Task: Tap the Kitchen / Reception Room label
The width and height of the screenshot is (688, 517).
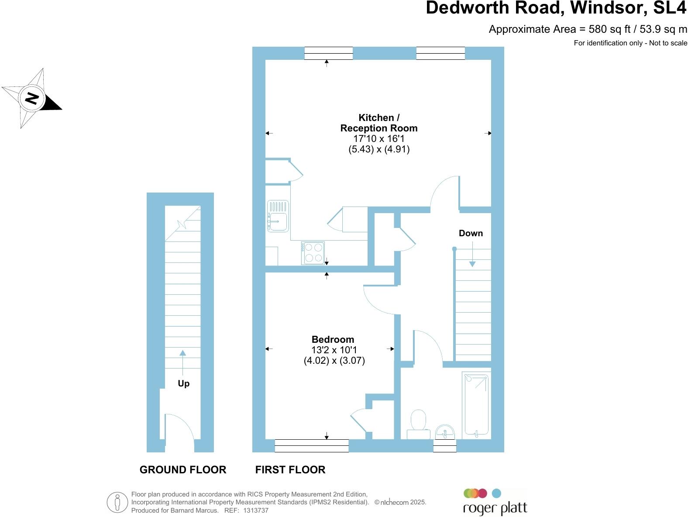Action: pyautogui.click(x=378, y=123)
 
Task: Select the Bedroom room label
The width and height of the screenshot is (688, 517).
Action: pyautogui.click(x=333, y=339)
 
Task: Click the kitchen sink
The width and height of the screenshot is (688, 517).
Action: pyautogui.click(x=278, y=216)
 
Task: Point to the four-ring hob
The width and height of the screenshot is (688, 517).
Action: pyautogui.click(x=313, y=253)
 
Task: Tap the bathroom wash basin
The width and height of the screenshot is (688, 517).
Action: pyautogui.click(x=445, y=432)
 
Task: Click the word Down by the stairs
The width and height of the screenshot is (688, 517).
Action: pyautogui.click(x=471, y=233)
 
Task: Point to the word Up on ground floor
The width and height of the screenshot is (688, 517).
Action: pyautogui.click(x=183, y=383)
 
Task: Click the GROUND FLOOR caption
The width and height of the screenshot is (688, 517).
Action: pyautogui.click(x=182, y=470)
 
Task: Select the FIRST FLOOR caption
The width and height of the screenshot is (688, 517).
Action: pyautogui.click(x=290, y=470)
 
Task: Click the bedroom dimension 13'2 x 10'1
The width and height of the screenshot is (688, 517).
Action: pyautogui.click(x=334, y=350)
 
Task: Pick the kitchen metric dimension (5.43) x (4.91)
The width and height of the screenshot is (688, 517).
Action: pyautogui.click(x=379, y=149)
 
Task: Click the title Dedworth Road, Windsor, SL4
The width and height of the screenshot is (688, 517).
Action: pyautogui.click(x=556, y=8)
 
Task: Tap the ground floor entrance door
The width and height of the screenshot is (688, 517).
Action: pyautogui.click(x=179, y=432)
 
